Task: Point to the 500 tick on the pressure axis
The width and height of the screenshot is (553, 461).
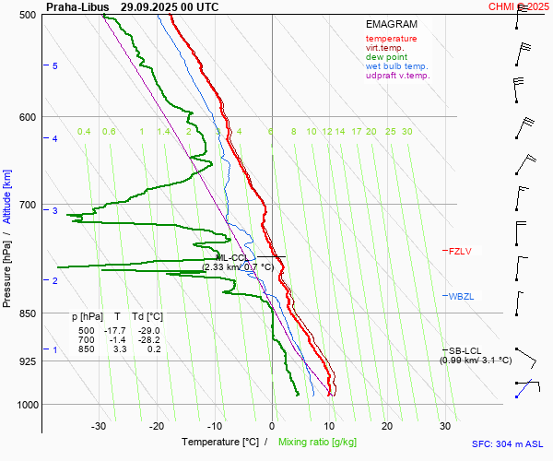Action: (x=27, y=15)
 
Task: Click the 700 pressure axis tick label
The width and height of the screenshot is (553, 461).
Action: (x=27, y=205)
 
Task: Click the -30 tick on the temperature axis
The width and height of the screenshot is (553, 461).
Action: (x=99, y=426)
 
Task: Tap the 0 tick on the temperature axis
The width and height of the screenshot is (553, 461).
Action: (x=272, y=426)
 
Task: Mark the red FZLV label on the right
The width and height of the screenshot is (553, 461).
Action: (x=459, y=251)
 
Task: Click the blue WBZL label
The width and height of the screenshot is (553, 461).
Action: (x=460, y=296)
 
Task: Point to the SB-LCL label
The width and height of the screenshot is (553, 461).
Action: (x=465, y=350)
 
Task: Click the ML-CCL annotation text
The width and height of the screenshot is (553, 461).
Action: (x=231, y=257)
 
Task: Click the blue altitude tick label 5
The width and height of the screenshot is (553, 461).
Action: (x=55, y=66)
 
